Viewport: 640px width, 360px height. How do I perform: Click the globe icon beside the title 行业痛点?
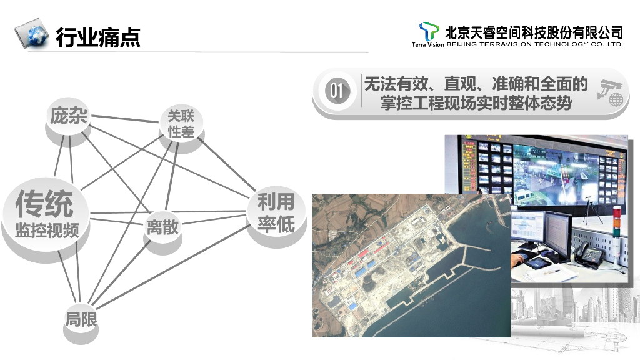(x=32, y=35)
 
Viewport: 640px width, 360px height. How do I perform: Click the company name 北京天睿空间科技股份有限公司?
(x=534, y=31)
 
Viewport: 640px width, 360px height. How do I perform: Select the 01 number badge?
(x=337, y=91)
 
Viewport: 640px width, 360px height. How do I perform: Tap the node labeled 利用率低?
(x=276, y=213)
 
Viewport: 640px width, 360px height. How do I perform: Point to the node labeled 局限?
(x=81, y=319)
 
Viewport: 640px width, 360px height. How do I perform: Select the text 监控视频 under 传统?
(x=47, y=230)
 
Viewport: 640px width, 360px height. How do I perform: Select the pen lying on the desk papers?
(x=552, y=272)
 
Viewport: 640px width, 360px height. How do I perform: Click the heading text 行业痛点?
(x=98, y=37)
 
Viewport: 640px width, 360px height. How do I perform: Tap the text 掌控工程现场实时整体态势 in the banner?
(x=476, y=102)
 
